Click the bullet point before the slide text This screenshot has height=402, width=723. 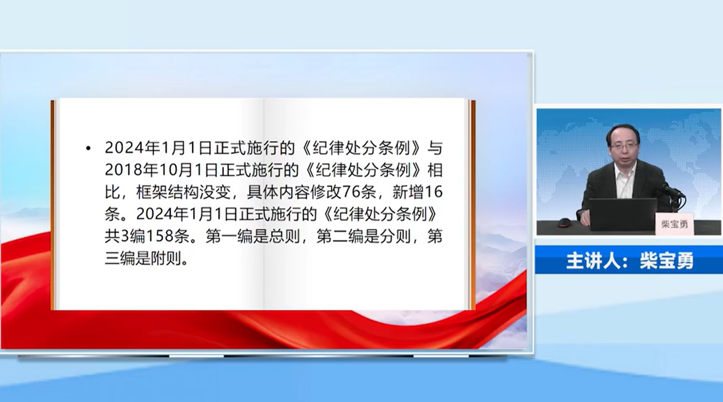coord(88,149)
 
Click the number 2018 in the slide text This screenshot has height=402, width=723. coord(124,170)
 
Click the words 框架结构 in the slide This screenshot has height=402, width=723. coord(168,192)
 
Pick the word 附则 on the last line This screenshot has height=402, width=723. coord(166,258)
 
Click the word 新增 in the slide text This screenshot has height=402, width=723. coord(408,192)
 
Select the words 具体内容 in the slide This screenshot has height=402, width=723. coord(278,192)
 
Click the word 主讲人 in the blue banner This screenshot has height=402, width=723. coord(594,261)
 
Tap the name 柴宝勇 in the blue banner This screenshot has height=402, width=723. coord(666,261)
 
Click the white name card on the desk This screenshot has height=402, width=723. coord(674,224)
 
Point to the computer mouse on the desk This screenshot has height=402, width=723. coord(564,223)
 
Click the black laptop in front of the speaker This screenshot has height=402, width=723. coord(623,215)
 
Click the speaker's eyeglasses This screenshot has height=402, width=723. coord(623,145)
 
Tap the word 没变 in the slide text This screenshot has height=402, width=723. coord(215,192)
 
